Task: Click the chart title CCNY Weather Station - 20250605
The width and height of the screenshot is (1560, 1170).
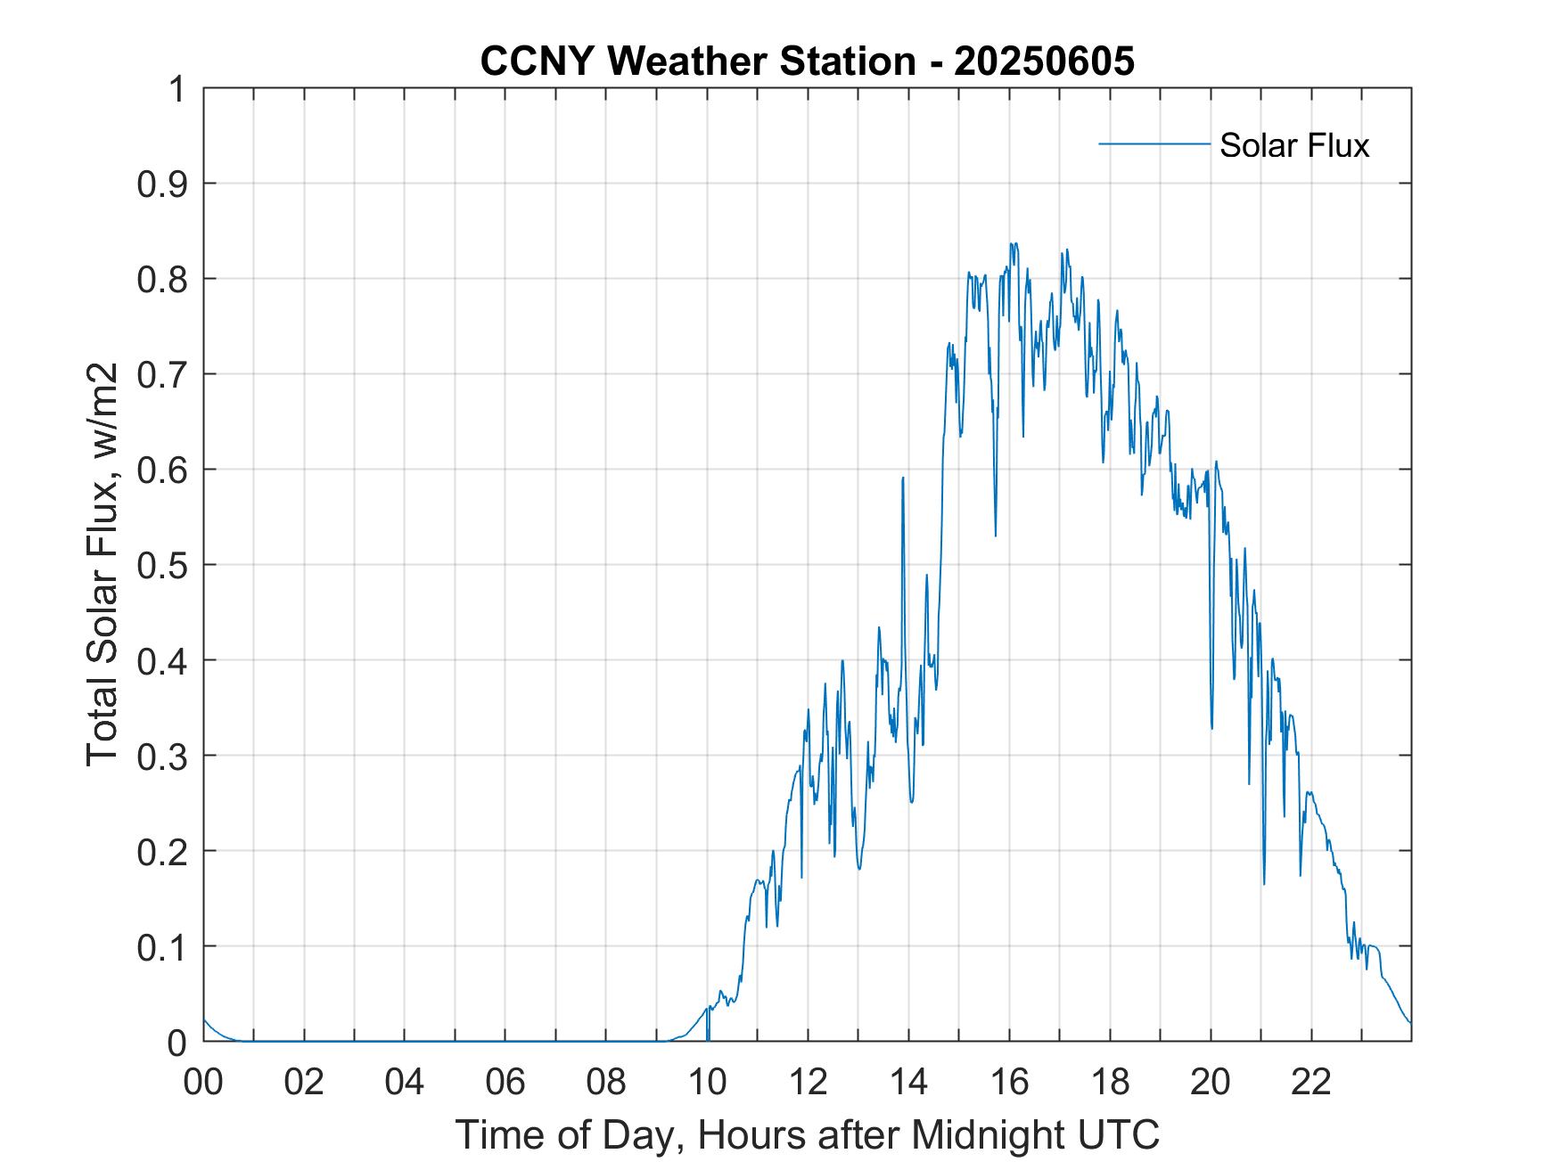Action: (x=807, y=61)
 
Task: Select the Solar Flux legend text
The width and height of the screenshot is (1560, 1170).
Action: (x=1293, y=145)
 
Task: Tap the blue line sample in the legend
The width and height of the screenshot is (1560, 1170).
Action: (x=1154, y=143)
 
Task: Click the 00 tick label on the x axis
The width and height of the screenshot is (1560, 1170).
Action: (x=203, y=1083)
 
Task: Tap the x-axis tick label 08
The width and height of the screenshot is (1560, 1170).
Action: (x=606, y=1083)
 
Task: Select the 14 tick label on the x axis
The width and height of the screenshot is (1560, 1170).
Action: (x=908, y=1083)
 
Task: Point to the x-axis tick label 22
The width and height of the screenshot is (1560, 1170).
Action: (x=1311, y=1083)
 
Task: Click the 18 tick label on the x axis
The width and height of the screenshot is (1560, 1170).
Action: (x=1110, y=1083)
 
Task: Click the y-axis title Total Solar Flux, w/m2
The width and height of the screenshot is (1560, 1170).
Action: (x=102, y=565)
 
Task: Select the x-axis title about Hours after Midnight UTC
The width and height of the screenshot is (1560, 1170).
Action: (x=807, y=1134)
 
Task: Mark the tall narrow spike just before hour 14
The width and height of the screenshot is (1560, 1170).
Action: (x=903, y=479)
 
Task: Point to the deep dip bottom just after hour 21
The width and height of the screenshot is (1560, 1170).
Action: (x=1264, y=883)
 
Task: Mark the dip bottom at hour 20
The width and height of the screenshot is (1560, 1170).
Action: (x=1211, y=728)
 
